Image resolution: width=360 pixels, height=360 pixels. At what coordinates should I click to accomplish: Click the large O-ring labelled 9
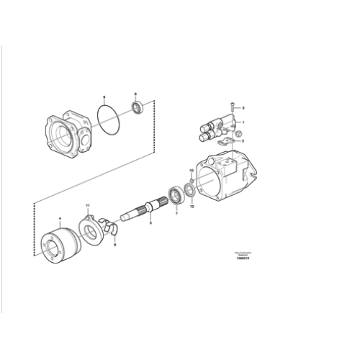[108, 118]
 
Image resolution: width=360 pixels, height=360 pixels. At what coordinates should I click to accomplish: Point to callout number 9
[104, 96]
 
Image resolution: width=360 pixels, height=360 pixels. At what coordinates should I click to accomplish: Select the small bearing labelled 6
[139, 109]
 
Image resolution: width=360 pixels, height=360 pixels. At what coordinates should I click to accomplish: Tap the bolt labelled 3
[232, 108]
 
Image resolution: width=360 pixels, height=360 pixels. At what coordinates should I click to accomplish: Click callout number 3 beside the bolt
[243, 108]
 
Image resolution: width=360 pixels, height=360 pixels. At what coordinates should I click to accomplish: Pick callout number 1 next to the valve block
[243, 122]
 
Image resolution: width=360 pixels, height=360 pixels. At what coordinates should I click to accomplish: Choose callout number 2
[243, 141]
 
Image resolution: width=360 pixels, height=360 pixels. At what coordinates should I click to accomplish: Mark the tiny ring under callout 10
[191, 179]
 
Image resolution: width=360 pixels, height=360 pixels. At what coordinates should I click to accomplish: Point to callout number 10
[191, 171]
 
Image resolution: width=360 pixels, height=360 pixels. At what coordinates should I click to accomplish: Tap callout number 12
[192, 207]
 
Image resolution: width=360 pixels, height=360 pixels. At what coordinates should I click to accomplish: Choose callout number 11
[88, 207]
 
